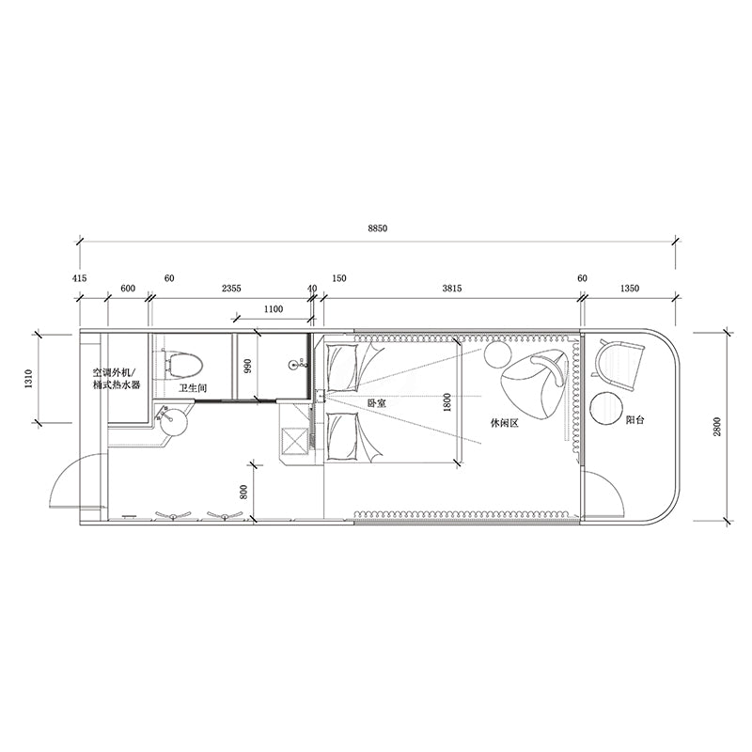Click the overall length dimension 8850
tap(378, 228)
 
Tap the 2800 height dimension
tap(717, 427)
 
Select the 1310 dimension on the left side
tap(29, 379)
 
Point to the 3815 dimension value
tap(452, 289)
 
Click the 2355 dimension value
tap(231, 289)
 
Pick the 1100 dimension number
tap(274, 309)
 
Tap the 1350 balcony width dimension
tap(630, 289)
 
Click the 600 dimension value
tap(128, 289)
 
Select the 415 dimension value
tap(80, 278)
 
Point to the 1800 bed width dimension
tap(447, 402)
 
